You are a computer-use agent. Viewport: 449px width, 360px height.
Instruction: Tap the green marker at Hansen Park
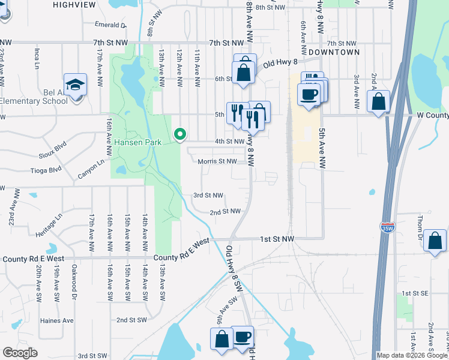coord(179,134)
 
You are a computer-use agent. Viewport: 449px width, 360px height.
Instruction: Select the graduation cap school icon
coord(76,85)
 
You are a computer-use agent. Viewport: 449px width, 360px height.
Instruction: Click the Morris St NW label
coord(219,161)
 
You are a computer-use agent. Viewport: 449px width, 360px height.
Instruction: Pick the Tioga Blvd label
coord(46,169)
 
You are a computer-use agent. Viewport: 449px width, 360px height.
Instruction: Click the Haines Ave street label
coord(56,320)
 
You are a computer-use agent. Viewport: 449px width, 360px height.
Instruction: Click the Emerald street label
coord(112,25)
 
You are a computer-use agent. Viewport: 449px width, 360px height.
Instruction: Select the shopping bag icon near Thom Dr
coord(435,241)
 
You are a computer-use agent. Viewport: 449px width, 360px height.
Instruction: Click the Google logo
coord(20,353)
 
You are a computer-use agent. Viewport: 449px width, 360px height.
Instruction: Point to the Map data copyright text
coord(412,355)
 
